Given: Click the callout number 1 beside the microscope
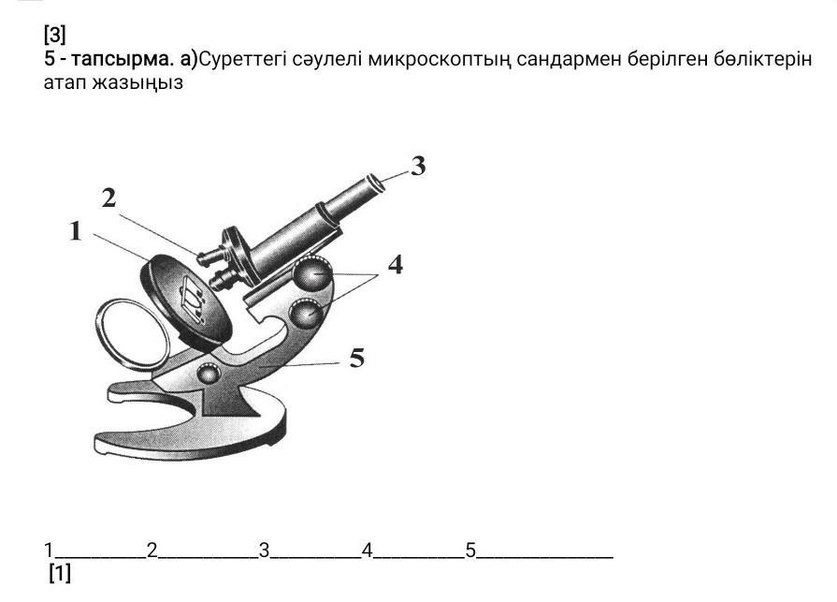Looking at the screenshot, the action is [x=76, y=231].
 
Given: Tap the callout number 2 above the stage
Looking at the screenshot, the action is [x=109, y=198].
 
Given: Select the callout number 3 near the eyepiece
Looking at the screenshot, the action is [x=418, y=167].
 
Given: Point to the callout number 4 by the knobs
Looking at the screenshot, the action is [x=396, y=265].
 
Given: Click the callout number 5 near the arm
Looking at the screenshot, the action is [x=356, y=358].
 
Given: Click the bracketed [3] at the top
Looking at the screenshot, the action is [x=54, y=36].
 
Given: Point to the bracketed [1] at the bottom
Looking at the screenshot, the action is [x=60, y=573].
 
